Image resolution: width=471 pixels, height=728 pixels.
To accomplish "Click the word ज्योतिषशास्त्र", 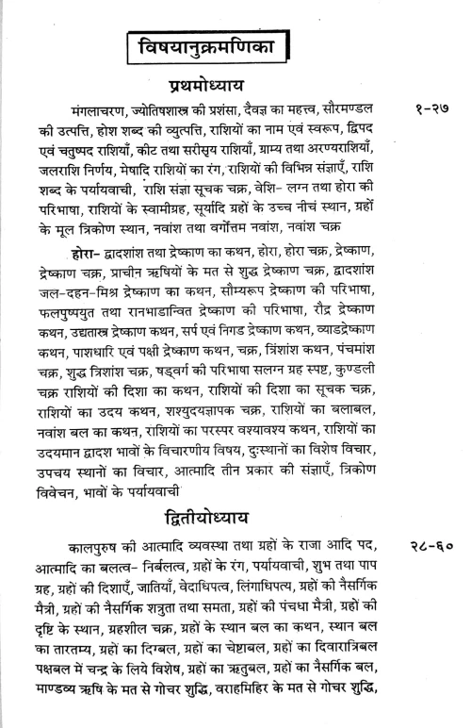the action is click(x=172, y=111).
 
